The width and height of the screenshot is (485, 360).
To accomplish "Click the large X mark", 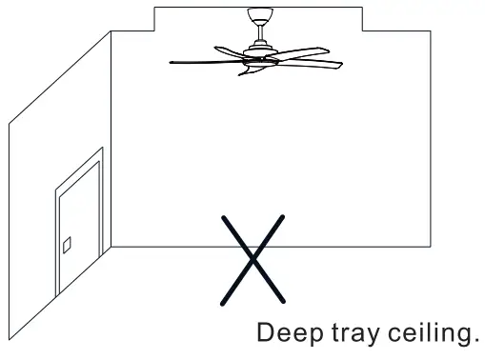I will [253, 257].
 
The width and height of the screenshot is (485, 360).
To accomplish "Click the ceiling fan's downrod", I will [257, 31].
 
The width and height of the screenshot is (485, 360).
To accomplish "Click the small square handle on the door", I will [67, 246].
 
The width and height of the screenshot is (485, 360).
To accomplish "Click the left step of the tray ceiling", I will [153, 19].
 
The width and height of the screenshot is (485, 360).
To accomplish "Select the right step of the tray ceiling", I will [363, 19].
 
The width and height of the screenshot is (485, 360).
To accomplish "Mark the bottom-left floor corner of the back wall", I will [111, 248].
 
